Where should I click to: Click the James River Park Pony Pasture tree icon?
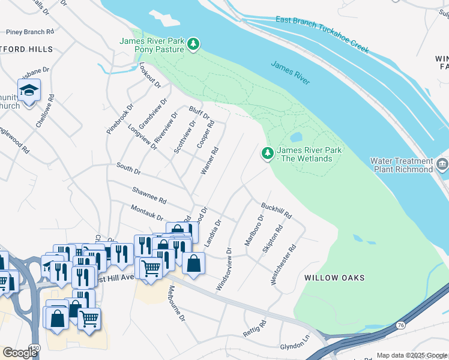tap(193, 44)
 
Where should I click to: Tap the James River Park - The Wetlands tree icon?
tap(268, 154)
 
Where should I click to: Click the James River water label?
tap(290, 73)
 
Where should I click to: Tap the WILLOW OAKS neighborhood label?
tap(334, 278)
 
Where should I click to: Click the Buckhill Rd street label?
tap(276, 210)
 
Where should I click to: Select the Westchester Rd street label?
tap(283, 264)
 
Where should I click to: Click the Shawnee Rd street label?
tap(149, 194)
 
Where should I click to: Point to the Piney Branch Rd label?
tap(29, 31)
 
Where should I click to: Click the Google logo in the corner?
tap(19, 353)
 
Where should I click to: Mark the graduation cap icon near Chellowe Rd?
tap(28, 90)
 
